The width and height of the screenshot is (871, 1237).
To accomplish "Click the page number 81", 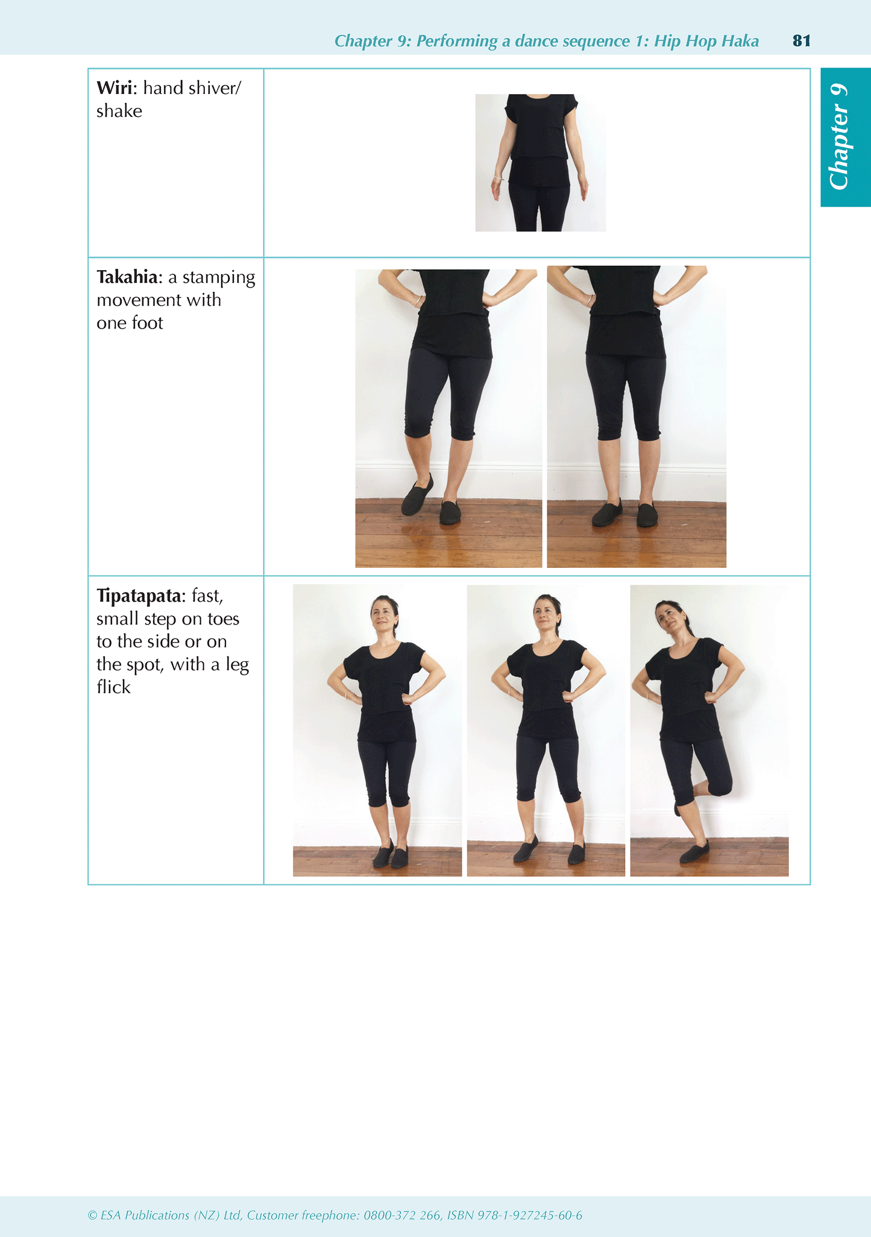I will [801, 40].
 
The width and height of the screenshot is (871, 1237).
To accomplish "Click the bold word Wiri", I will [116, 88].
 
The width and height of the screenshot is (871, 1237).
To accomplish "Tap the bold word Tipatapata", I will [141, 596].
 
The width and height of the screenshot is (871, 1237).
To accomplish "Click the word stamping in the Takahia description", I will [219, 277].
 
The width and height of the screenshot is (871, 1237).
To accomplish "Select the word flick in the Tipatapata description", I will [113, 687].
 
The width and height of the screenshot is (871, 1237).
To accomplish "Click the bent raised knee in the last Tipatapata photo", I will [721, 786].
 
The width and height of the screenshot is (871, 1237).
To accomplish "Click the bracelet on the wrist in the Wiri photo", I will [498, 178].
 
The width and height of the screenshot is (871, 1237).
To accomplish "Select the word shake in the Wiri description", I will [119, 112].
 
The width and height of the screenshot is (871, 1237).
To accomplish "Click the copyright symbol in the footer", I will [92, 1216].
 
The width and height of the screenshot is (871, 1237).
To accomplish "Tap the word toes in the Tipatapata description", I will [224, 619].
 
